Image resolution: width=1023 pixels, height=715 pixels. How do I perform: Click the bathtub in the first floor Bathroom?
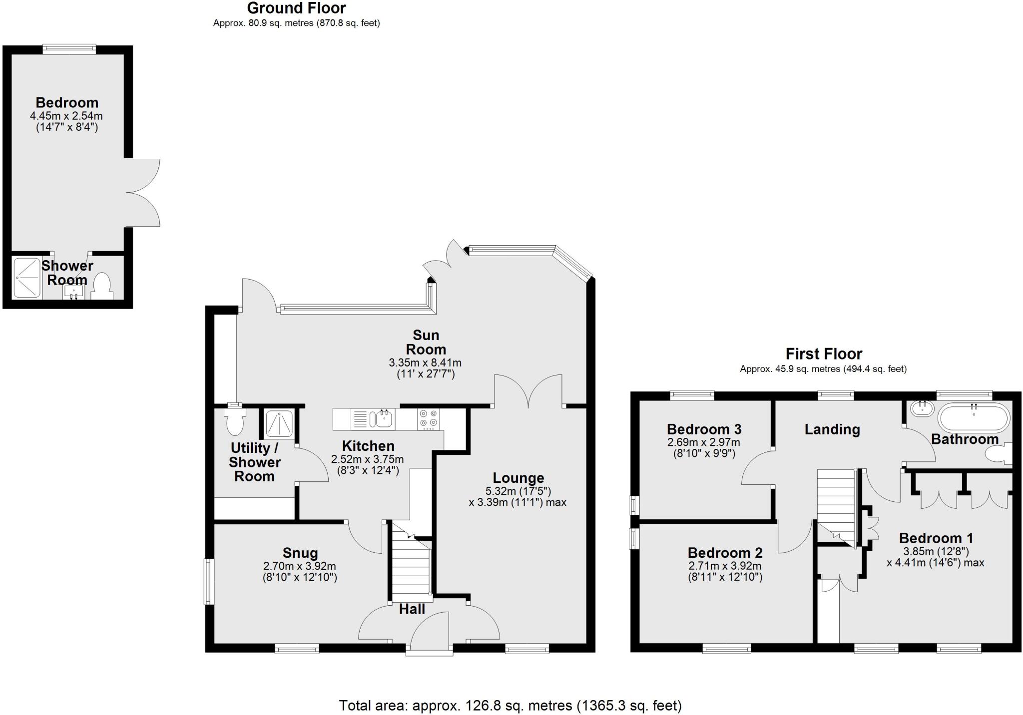974,418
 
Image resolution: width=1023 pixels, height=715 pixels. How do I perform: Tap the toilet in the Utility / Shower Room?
235,421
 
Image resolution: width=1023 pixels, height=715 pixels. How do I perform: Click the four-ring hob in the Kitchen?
429,419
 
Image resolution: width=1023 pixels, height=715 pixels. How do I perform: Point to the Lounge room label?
518,478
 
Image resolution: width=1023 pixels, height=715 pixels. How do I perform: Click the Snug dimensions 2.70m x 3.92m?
299,566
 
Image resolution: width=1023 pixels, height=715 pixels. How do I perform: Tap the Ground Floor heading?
296,8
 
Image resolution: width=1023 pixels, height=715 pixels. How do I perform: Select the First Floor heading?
823,354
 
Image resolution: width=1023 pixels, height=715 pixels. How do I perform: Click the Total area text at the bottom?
510,706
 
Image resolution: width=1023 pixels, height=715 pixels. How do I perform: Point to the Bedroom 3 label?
704,429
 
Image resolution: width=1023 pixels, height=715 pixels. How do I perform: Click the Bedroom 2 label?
725,553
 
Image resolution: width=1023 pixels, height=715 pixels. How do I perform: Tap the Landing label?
832,429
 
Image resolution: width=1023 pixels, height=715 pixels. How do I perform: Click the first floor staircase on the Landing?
836,504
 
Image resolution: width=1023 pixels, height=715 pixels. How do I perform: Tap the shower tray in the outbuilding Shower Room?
27,278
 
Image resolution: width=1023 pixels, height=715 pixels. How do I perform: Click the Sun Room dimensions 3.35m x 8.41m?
425,362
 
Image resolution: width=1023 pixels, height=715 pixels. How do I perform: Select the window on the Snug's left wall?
209,581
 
